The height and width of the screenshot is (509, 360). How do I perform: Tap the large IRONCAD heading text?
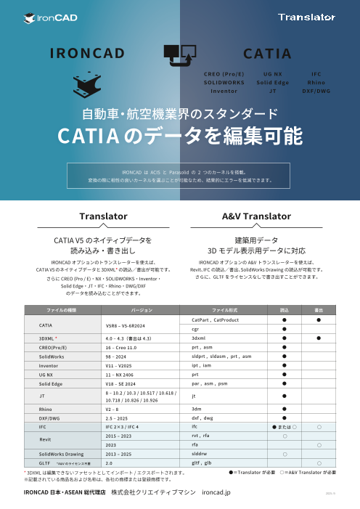pos(89,54)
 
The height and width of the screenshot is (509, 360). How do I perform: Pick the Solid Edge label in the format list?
pos(272,83)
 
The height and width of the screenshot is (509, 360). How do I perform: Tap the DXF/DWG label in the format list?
pos(316,91)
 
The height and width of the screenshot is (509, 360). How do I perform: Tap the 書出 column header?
pos(318,309)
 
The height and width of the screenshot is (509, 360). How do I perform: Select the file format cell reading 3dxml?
pos(199,338)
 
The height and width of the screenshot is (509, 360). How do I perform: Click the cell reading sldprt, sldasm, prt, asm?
pos(221,357)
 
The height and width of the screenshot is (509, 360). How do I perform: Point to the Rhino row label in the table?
pos(46,409)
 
